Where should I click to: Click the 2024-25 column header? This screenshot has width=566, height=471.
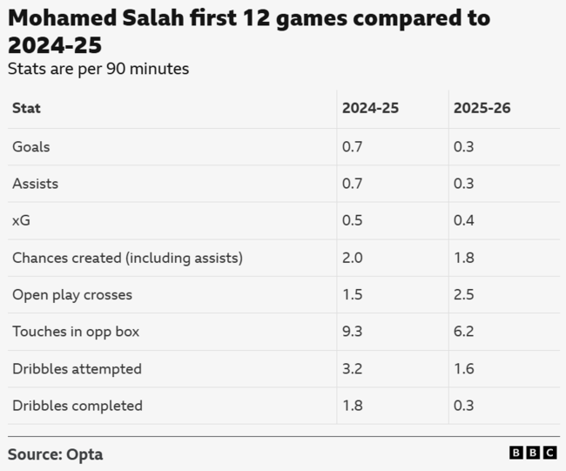[x=370, y=109]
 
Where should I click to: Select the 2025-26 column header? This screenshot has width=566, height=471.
[x=482, y=109]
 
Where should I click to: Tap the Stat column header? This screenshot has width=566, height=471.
[x=26, y=109]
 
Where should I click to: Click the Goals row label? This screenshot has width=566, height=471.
[x=30, y=147]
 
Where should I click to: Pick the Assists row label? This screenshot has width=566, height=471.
[x=35, y=184]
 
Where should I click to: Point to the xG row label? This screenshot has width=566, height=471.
[x=21, y=221]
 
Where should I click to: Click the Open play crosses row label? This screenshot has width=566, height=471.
[x=72, y=295]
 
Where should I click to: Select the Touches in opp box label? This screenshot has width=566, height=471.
[x=76, y=332]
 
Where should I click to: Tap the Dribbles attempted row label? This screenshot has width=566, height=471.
[x=77, y=369]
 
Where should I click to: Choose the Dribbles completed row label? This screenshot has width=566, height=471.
[x=77, y=406]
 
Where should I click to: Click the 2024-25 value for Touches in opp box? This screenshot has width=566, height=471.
[x=353, y=332]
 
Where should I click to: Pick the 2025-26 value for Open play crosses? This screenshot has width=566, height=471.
[x=463, y=295]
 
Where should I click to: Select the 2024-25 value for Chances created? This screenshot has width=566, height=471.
[x=353, y=258]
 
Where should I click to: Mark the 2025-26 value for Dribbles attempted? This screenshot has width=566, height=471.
[x=463, y=369]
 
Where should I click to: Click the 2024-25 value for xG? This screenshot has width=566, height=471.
[x=353, y=221]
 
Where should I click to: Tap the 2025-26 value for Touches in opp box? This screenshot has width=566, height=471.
[x=463, y=332]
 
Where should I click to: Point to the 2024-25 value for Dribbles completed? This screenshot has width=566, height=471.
[x=353, y=406]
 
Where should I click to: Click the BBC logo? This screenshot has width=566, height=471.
[x=533, y=453]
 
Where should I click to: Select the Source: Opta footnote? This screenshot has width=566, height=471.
[x=56, y=454]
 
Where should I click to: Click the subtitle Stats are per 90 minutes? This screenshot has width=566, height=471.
[x=98, y=69]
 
